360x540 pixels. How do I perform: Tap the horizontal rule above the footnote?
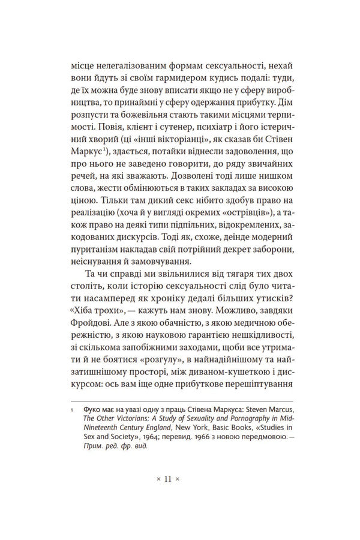[179, 401]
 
